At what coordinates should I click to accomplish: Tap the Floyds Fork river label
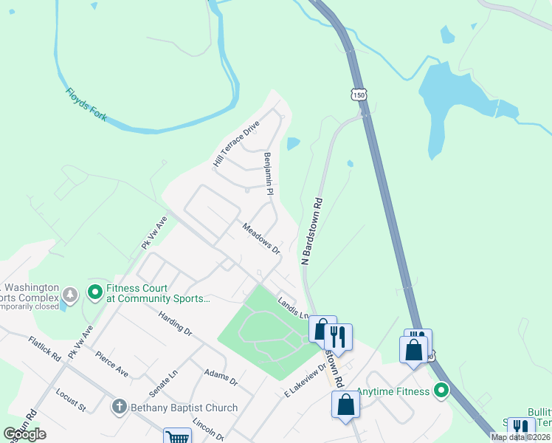87,104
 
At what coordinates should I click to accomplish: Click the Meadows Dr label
262,238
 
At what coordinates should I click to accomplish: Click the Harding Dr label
175,323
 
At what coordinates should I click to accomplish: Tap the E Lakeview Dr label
306,382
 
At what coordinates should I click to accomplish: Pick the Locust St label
71,403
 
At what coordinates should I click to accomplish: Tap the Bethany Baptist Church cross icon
119,407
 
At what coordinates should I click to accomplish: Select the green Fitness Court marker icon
94,293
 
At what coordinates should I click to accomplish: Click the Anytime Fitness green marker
441,391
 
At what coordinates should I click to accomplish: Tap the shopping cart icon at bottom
177,436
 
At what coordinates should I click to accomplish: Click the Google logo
24,434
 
